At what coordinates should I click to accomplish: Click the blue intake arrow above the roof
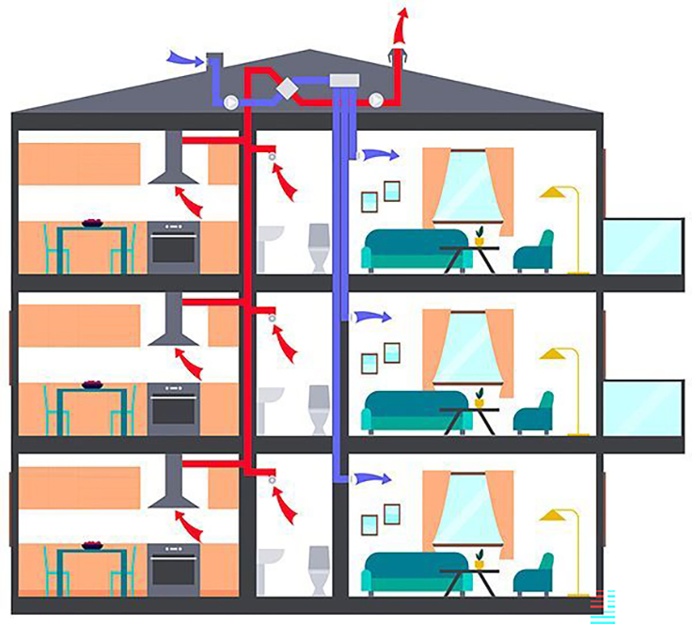[182, 59]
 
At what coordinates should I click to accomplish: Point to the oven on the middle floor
[173, 408]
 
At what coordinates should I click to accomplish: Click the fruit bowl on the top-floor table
[92, 223]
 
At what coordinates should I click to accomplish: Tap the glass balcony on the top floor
[642, 246]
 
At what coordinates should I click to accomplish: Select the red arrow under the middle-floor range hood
[189, 362]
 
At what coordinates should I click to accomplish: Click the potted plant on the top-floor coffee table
[480, 235]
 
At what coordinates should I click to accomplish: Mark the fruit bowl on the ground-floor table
[92, 544]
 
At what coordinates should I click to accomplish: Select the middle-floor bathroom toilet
[319, 408]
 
